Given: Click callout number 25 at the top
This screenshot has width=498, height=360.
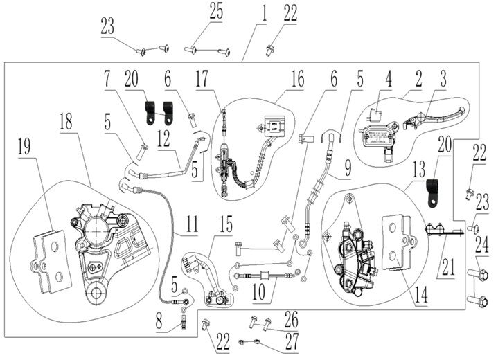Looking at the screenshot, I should tap(216, 11).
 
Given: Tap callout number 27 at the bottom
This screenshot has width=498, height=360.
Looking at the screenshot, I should tap(291, 341).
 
